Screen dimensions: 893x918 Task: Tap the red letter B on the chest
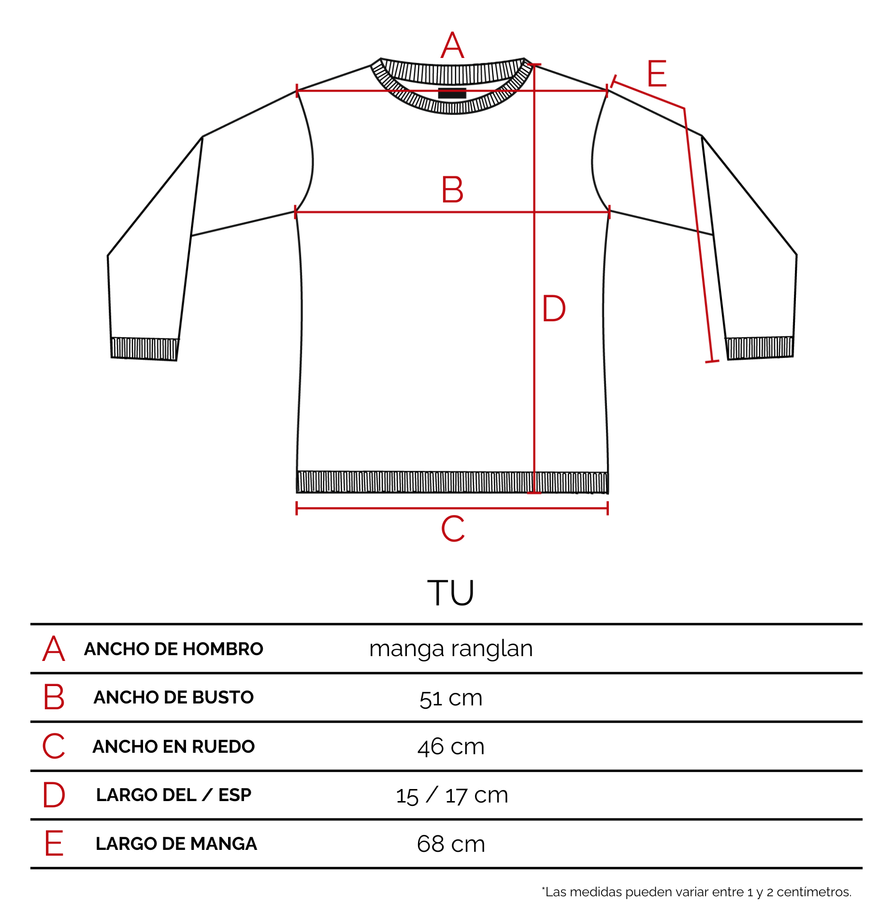(x=452, y=189)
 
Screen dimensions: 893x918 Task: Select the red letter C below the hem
(x=453, y=528)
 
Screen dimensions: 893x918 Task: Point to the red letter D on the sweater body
(x=554, y=308)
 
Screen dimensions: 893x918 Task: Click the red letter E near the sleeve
(x=657, y=73)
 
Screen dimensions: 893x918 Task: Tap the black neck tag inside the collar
(x=452, y=93)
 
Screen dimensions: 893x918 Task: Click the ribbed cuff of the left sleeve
(x=144, y=349)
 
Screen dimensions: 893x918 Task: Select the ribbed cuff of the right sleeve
(x=760, y=348)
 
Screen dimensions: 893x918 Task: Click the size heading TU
(x=450, y=592)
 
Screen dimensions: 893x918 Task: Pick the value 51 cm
(x=451, y=698)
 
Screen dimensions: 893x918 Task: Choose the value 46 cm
(x=451, y=746)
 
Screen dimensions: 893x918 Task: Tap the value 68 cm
(x=451, y=844)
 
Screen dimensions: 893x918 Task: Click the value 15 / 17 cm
(x=452, y=795)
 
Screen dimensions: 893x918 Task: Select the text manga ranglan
(x=451, y=649)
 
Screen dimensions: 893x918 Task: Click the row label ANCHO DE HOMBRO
(x=173, y=649)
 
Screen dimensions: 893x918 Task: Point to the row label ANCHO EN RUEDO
(x=173, y=746)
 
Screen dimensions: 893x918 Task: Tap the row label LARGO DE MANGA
(x=176, y=844)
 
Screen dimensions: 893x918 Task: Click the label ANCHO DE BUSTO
(x=173, y=697)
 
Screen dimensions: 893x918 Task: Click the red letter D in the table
(x=54, y=795)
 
